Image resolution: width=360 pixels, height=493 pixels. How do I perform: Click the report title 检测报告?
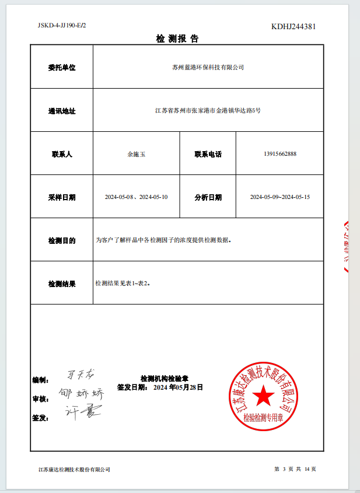click(177, 39)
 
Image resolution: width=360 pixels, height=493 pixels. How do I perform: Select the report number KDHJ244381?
click(294, 27)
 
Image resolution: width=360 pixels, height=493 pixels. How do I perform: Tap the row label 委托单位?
click(62, 68)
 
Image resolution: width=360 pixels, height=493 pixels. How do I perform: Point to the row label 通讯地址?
click(62, 111)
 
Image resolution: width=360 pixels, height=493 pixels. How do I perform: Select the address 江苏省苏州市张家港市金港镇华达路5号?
click(208, 111)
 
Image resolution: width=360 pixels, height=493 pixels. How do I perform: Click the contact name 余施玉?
click(136, 155)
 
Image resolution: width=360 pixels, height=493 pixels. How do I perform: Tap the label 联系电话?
click(208, 155)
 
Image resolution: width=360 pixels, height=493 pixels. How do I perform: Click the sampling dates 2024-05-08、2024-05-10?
click(136, 197)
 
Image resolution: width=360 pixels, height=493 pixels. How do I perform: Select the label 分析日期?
click(208, 197)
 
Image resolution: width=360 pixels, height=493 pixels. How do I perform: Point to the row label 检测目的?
click(62, 240)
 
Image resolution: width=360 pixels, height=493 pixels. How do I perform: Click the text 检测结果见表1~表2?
click(123, 283)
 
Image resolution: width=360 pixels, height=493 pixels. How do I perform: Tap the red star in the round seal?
click(263, 396)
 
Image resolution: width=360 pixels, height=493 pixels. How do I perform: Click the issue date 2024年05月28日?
click(178, 387)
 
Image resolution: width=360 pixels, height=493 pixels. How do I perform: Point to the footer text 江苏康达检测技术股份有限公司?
click(74, 470)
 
